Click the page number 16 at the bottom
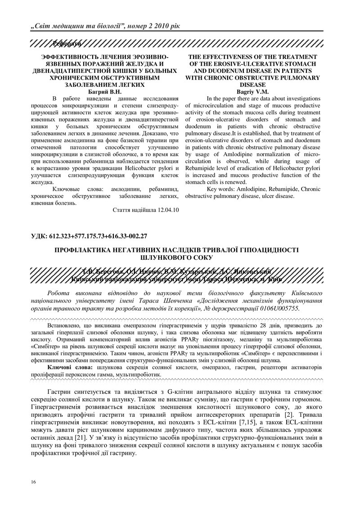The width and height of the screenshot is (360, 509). click(x=34, y=482)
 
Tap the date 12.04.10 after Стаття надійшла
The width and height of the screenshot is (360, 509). click(x=166, y=210)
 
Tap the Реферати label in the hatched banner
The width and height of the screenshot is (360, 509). click(x=67, y=43)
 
